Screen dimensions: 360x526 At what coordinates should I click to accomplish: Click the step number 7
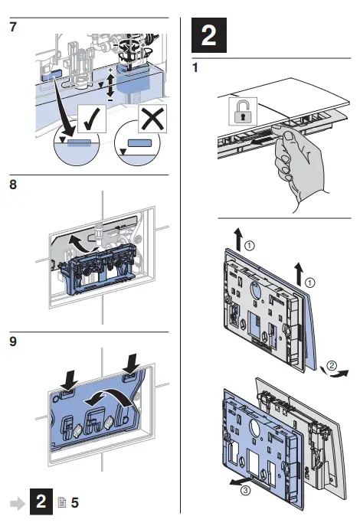(x=13, y=27)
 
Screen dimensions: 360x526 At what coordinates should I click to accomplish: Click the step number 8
(x=13, y=185)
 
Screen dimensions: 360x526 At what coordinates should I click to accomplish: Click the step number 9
(x=13, y=341)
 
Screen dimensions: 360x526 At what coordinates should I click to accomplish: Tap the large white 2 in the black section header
(x=208, y=35)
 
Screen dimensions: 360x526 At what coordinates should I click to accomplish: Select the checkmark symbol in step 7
(x=92, y=119)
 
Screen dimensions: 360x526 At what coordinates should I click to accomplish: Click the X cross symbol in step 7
(x=152, y=119)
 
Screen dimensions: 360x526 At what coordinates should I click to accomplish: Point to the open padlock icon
(x=243, y=111)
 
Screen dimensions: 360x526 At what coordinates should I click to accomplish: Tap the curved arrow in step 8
(x=80, y=243)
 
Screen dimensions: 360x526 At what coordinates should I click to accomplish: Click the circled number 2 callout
(x=332, y=365)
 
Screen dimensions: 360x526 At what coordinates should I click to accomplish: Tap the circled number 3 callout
(x=246, y=491)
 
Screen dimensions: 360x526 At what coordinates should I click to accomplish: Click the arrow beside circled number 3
(x=240, y=481)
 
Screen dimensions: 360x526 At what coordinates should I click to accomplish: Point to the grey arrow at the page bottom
(x=18, y=503)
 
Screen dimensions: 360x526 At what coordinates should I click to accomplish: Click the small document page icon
(x=62, y=502)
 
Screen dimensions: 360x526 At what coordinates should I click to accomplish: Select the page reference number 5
(x=74, y=502)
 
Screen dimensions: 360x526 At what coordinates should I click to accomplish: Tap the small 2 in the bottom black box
(x=41, y=501)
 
